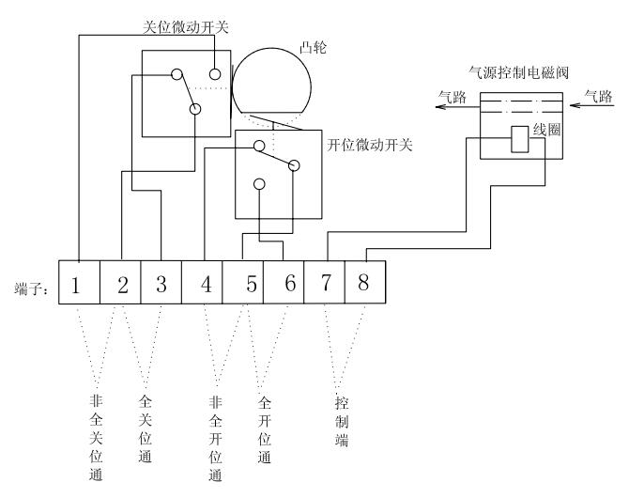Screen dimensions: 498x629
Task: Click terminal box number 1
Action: tap(78, 285)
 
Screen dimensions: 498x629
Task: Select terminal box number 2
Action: tap(120, 285)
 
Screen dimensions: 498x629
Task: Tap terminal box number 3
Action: tap(161, 285)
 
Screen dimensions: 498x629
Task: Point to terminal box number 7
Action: tap(325, 285)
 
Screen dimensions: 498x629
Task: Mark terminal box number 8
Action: tap(364, 285)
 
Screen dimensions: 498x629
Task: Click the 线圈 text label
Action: tap(547, 130)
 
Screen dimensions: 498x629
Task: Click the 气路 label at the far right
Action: tap(598, 95)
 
